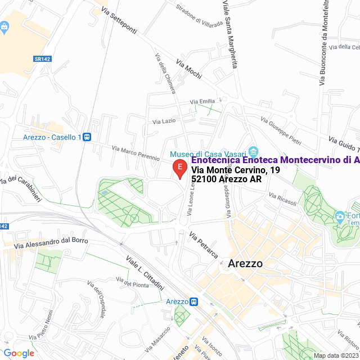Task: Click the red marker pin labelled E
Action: pos(179,168)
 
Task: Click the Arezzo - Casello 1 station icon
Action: pos(87,137)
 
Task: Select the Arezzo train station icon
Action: pos(193,301)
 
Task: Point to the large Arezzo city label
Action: pos(246,263)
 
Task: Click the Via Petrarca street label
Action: pos(203,245)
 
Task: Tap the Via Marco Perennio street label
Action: pos(136,154)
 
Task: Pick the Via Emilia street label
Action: pos(202,101)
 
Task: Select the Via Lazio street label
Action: pos(165,121)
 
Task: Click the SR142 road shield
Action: pos(42,58)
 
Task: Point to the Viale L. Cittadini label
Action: pos(145,272)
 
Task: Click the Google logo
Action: pos(19,353)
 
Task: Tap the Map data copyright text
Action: pos(336,355)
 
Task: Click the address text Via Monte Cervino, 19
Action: pos(235,170)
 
